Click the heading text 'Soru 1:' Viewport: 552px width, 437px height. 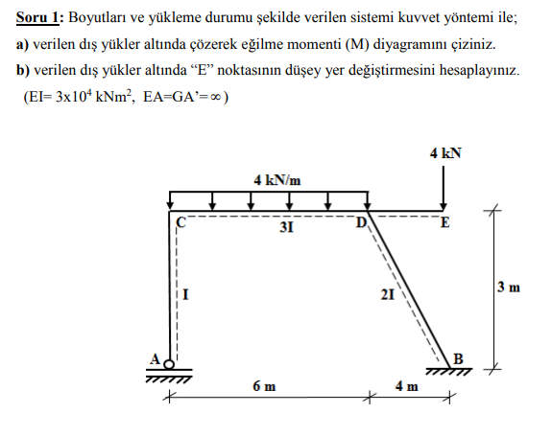(x=37, y=17)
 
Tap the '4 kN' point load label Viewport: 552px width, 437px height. (x=445, y=152)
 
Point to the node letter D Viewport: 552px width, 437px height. (x=361, y=224)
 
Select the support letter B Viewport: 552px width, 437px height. (x=458, y=358)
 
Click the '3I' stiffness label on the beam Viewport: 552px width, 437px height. (x=285, y=228)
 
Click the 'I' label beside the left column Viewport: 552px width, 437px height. (x=185, y=295)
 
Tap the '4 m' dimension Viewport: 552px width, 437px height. (x=406, y=386)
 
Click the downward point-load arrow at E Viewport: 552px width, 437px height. (x=444, y=187)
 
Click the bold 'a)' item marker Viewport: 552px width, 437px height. (x=23, y=44)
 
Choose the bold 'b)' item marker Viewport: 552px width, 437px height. (x=23, y=71)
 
